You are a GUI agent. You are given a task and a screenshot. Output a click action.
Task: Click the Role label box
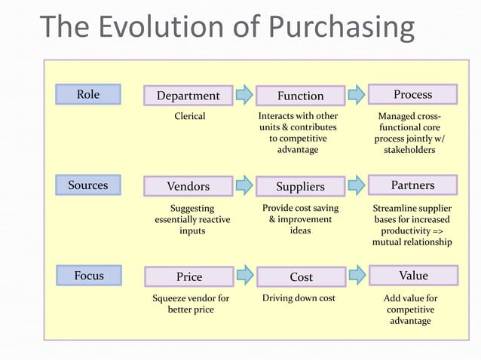click(x=88, y=94)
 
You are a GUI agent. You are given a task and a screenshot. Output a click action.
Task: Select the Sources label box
click(x=88, y=185)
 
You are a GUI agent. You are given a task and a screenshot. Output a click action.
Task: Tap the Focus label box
click(x=88, y=276)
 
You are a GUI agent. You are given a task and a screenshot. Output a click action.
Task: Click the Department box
click(x=188, y=96)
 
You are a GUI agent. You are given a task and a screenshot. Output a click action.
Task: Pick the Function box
click(x=300, y=96)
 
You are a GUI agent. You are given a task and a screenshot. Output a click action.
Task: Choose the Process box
click(x=412, y=94)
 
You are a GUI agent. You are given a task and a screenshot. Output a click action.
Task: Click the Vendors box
click(x=188, y=186)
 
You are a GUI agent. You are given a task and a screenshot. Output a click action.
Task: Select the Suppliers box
click(x=300, y=186)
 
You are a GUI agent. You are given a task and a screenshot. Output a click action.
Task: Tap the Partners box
click(x=412, y=185)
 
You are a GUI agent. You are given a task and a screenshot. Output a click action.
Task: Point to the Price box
click(x=188, y=276)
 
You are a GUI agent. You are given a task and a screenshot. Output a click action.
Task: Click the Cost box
click(x=300, y=276)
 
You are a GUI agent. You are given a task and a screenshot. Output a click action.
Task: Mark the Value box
click(x=412, y=276)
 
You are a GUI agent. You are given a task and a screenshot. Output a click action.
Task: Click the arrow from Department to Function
click(x=244, y=95)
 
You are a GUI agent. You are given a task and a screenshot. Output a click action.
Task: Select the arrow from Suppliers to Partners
click(x=357, y=185)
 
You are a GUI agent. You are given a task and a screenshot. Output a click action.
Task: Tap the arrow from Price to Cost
click(x=244, y=276)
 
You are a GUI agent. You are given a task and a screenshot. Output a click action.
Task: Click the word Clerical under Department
click(x=190, y=117)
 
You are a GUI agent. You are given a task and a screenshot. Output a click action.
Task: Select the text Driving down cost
click(x=299, y=298)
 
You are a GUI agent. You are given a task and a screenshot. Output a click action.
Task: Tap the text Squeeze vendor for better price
click(x=191, y=304)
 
